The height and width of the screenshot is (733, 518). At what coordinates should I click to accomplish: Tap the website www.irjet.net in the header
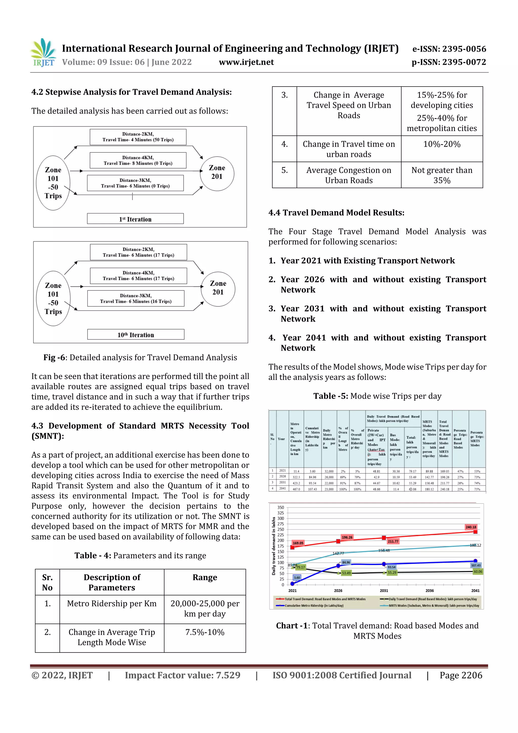(x=246, y=62)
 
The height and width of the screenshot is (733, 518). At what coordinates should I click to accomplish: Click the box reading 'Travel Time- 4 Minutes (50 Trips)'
(x=138, y=137)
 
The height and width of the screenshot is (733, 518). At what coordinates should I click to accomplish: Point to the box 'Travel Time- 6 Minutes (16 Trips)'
(x=136, y=299)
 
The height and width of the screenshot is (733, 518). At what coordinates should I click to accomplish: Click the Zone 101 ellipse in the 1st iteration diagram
(x=53, y=183)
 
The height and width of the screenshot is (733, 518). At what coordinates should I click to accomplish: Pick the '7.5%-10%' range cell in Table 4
(x=205, y=632)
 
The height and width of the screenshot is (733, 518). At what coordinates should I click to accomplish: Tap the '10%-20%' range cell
(x=441, y=144)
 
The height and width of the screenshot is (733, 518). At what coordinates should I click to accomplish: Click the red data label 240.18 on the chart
(x=471, y=527)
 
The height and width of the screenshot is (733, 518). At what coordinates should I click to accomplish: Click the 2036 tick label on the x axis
(x=429, y=591)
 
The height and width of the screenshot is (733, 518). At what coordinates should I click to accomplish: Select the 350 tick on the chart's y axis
(x=280, y=507)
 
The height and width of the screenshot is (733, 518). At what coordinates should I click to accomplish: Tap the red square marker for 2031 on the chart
(x=384, y=538)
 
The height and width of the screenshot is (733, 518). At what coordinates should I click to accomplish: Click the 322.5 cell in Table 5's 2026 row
(x=296, y=477)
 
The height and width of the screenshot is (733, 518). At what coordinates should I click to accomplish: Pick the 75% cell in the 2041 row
(x=477, y=489)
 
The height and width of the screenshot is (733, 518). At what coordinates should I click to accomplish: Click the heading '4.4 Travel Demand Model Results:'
(x=336, y=213)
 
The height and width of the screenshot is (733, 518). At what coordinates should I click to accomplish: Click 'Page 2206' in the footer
(x=461, y=675)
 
